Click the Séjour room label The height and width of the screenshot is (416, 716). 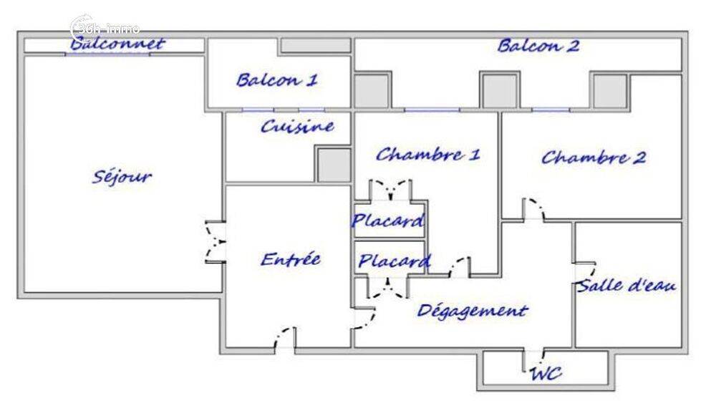(x=122, y=176)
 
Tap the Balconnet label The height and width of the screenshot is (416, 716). (x=117, y=44)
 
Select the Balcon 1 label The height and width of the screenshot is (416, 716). (x=277, y=79)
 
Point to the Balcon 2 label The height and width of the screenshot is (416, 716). (x=538, y=47)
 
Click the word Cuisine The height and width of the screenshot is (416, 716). (x=297, y=127)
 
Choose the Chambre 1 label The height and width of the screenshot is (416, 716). (x=427, y=154)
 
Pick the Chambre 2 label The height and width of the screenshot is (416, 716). (x=593, y=158)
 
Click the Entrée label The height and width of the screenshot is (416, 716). (x=290, y=259)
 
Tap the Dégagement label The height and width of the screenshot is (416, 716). (x=472, y=311)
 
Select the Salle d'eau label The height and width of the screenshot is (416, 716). (x=627, y=286)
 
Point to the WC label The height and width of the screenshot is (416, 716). (x=546, y=373)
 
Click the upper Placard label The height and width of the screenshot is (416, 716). (x=388, y=221)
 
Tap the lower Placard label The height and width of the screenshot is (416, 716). (x=394, y=261)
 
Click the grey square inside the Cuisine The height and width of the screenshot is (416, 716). (x=334, y=165)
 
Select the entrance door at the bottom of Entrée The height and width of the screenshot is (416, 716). (x=284, y=338)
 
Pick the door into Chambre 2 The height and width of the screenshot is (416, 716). (x=532, y=209)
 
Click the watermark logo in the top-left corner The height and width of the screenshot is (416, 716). (x=105, y=29)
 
